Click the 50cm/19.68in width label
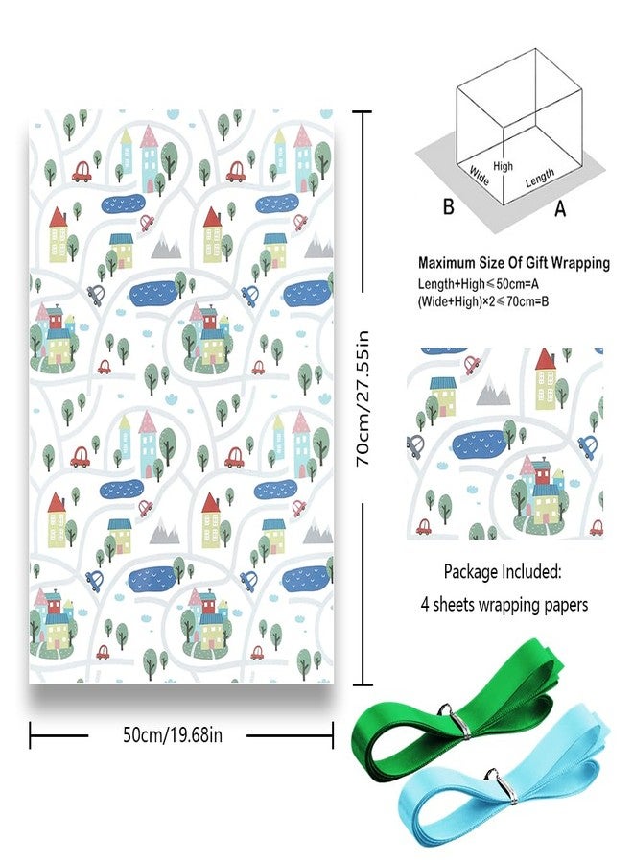click(173, 735)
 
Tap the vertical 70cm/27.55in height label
click(363, 398)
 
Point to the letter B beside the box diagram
click(449, 206)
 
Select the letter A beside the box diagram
click(560, 208)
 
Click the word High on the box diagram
click(504, 166)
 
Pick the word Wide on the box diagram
click(479, 176)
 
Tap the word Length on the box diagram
click(539, 178)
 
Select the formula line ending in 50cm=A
click(479, 284)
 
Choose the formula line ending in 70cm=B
click(483, 301)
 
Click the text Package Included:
click(503, 572)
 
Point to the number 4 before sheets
click(425, 605)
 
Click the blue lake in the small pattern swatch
click(482, 444)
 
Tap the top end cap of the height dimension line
click(362, 112)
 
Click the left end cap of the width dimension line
click(31, 735)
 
